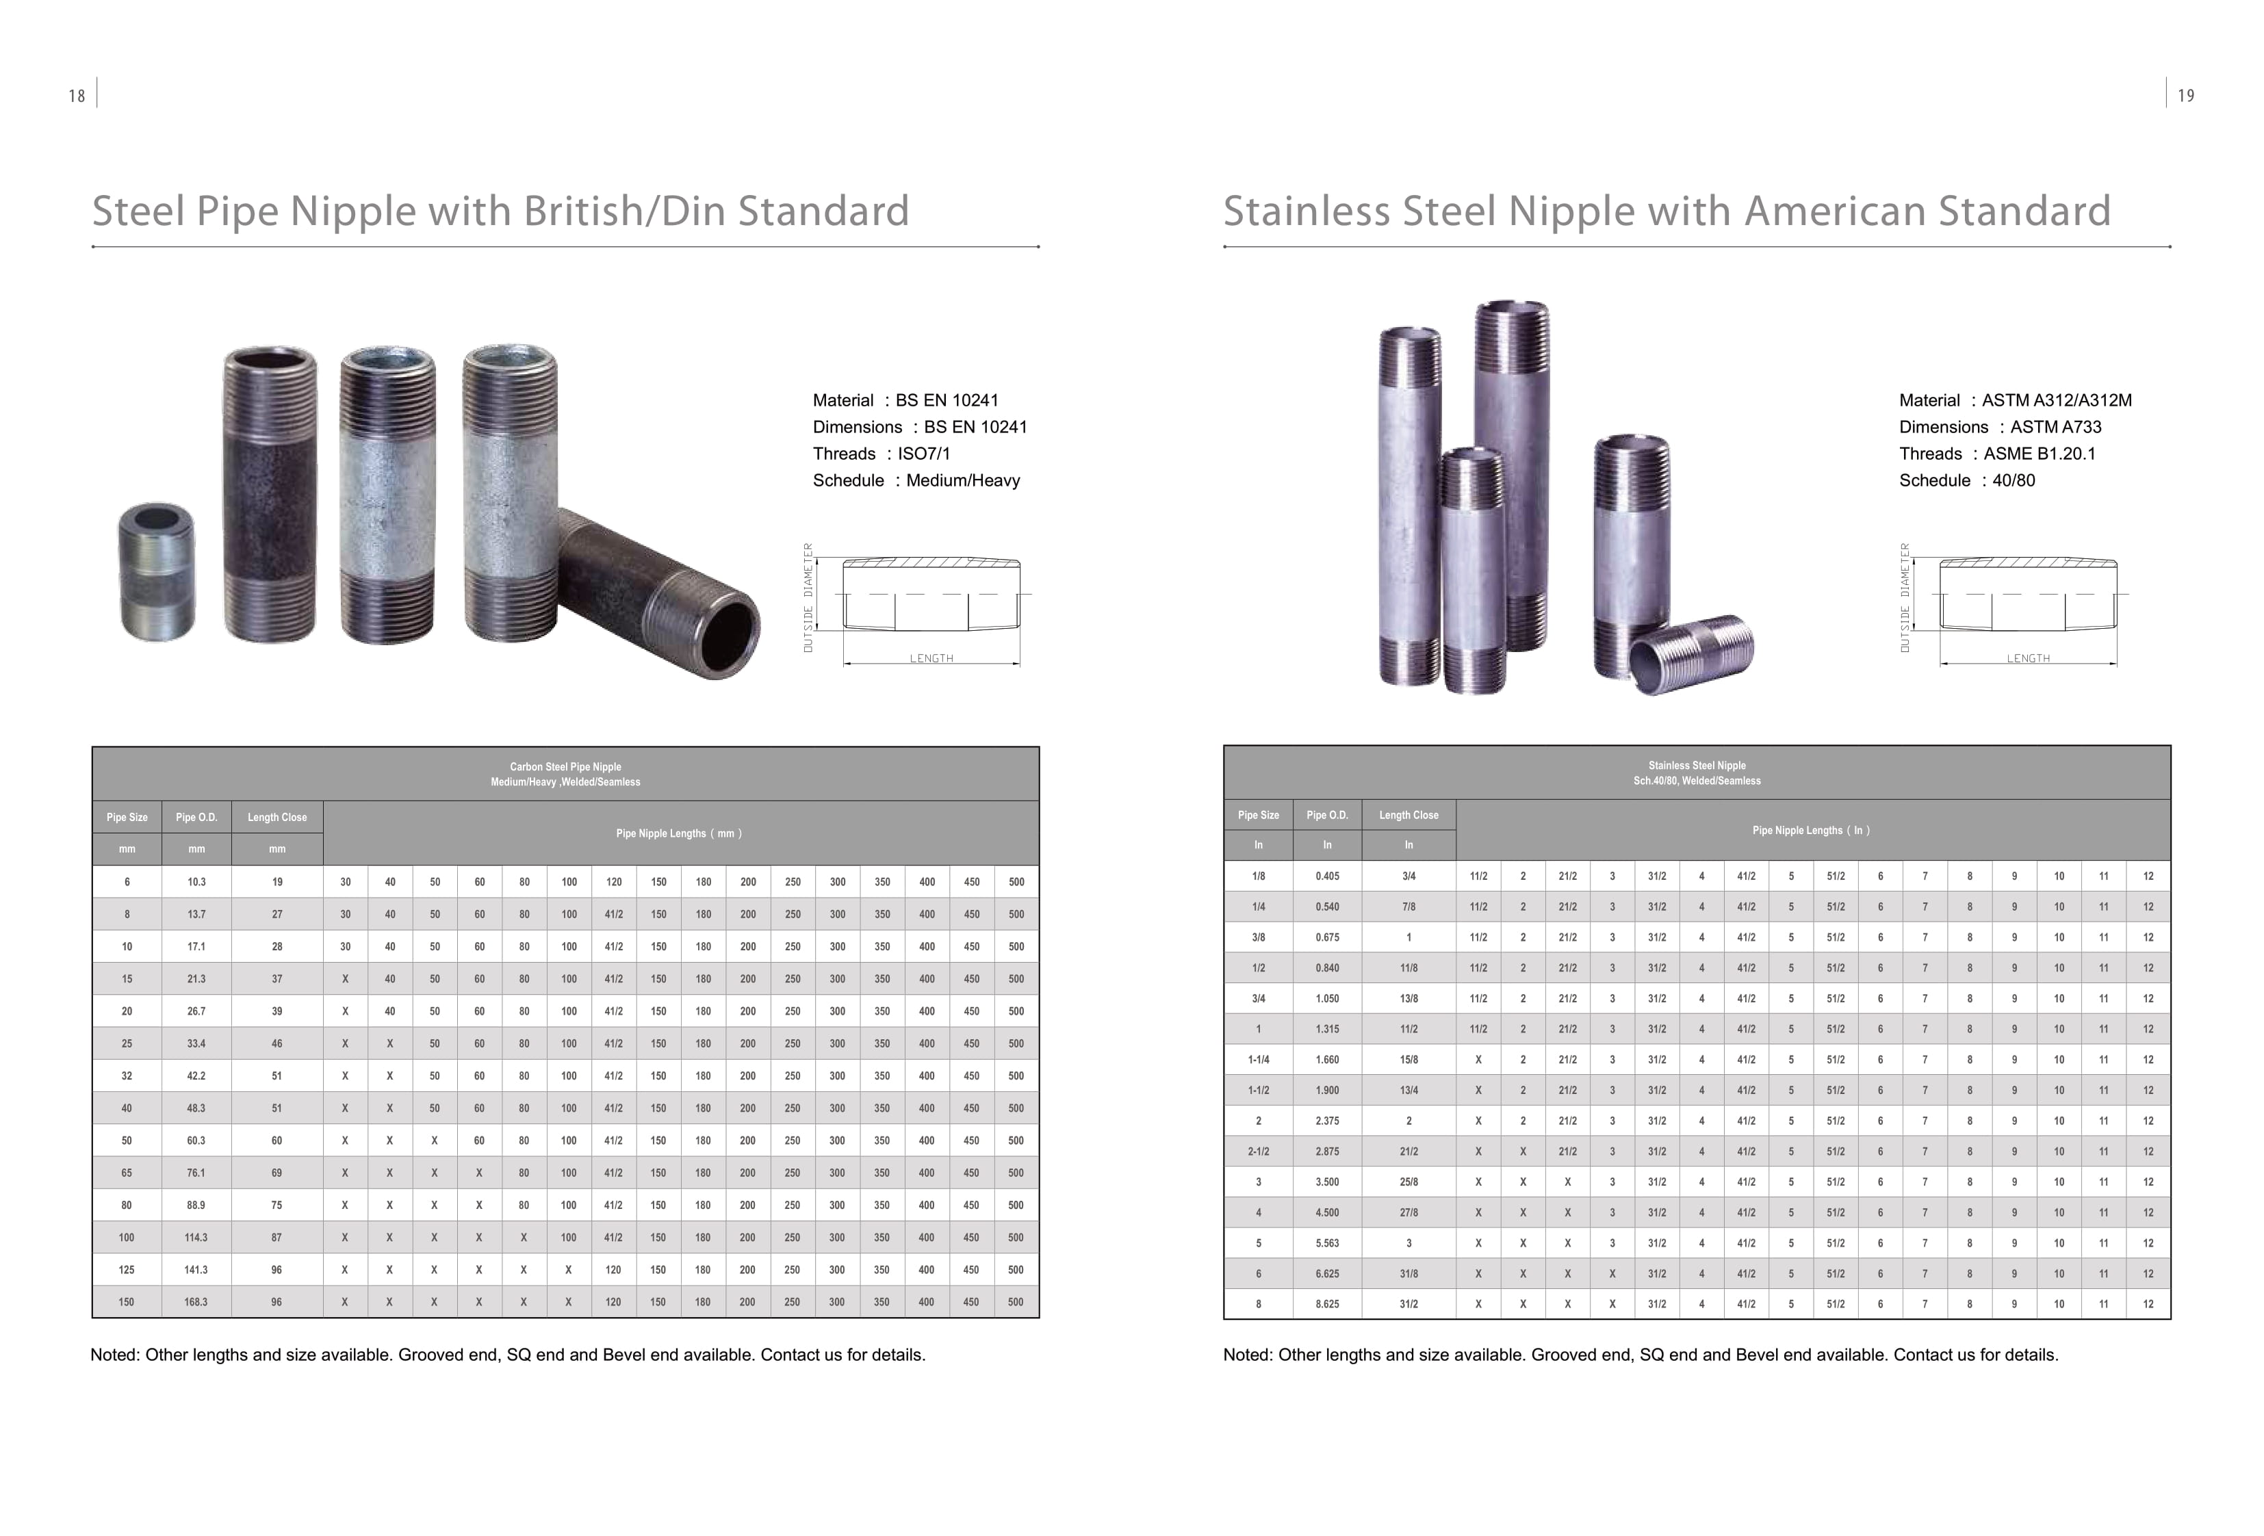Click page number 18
click(x=77, y=96)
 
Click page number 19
click(x=2186, y=96)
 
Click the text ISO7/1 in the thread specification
click(x=923, y=454)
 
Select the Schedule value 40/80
click(x=2014, y=480)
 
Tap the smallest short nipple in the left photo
click(x=157, y=572)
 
